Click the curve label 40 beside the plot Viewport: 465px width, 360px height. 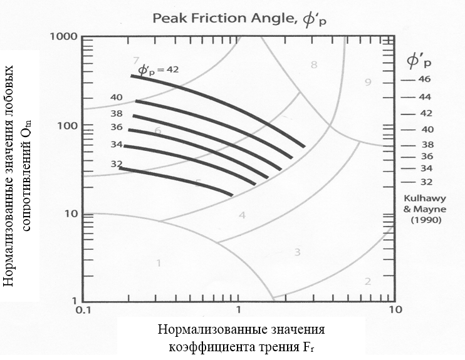point(117,98)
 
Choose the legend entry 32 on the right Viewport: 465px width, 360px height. point(426,182)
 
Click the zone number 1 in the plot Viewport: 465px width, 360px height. point(159,263)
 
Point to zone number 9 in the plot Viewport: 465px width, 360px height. point(368,82)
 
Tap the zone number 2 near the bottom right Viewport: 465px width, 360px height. point(368,281)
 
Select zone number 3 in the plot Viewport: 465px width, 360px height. point(298,252)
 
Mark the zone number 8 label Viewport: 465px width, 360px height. point(314,64)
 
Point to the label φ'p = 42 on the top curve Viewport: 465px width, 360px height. point(158,70)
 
